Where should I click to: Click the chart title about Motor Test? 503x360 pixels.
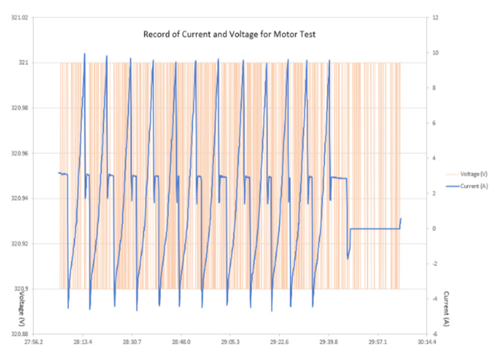pos(229,34)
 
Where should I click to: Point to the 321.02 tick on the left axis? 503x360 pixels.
pos(19,18)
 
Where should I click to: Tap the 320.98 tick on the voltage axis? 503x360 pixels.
pos(19,108)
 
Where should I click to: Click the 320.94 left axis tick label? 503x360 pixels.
pos(19,199)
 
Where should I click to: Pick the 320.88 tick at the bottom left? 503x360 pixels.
pos(19,334)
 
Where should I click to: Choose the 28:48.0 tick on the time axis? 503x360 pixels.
pos(181,342)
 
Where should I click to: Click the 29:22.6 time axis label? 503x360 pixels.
pos(280,342)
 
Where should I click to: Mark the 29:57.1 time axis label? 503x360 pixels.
pos(378,342)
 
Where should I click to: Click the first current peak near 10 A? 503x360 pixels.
pos(85,53)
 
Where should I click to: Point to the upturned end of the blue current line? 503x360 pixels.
pos(401,219)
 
